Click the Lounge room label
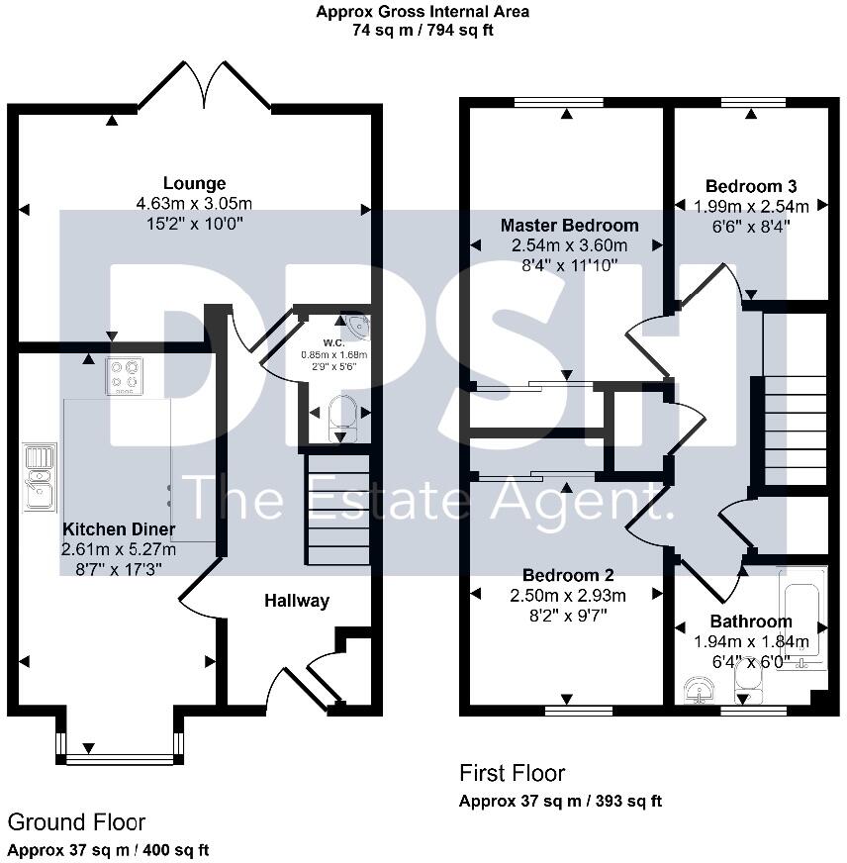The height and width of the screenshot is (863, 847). pos(195,183)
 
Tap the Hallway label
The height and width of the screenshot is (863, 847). pos(297,601)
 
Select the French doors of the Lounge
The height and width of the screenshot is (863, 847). pos(205,87)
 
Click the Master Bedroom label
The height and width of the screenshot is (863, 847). pos(569,226)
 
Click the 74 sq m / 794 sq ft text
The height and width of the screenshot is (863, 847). pos(423,30)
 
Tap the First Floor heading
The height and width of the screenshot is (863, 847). pos(512,773)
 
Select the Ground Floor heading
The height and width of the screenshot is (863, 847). pos(76,822)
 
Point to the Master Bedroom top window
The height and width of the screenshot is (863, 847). pos(567,101)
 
